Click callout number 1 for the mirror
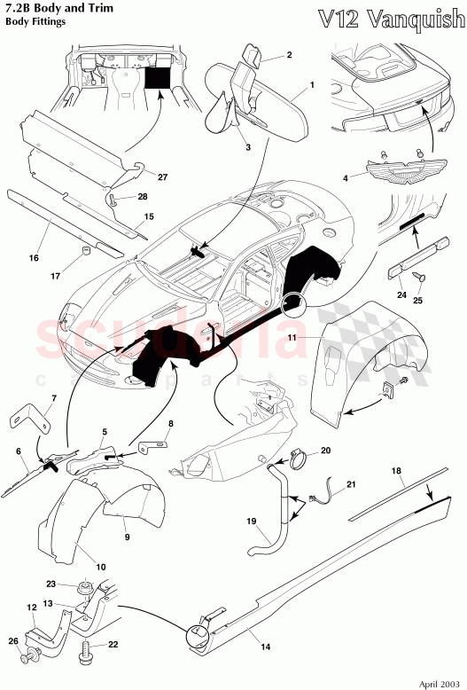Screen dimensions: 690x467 click(312, 89)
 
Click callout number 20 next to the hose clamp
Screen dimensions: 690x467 click(325, 451)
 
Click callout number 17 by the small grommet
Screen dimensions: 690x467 click(55, 276)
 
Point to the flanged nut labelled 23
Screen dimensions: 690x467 click(85, 586)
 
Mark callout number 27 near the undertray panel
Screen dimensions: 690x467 click(161, 176)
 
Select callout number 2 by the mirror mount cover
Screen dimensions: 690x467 click(288, 55)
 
